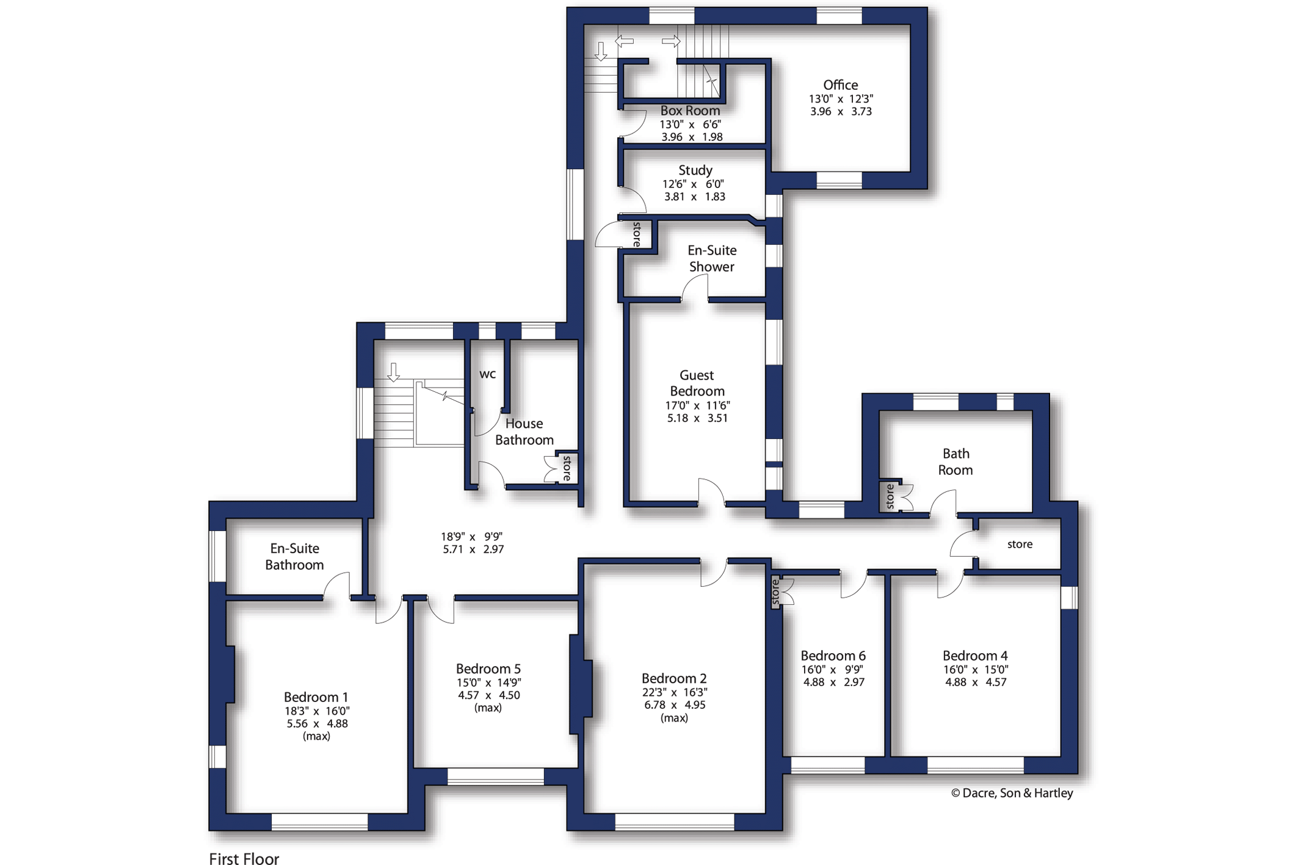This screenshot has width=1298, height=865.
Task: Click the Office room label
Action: click(840, 85)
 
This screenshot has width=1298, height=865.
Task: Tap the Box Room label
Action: click(690, 110)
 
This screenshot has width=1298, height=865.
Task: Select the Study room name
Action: click(695, 170)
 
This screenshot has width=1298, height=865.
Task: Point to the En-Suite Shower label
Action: click(712, 258)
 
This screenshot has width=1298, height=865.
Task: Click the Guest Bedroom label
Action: click(697, 383)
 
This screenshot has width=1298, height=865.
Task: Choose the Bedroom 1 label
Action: click(316, 697)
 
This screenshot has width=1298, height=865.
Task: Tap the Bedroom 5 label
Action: click(488, 668)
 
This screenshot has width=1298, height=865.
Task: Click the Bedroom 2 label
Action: click(674, 678)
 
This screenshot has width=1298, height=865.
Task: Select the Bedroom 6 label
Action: click(833, 656)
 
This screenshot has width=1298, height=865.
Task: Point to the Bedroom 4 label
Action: click(975, 656)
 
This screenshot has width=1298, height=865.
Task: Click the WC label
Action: click(487, 374)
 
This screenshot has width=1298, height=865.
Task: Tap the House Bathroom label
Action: click(524, 432)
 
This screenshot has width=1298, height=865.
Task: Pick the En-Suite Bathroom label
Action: click(294, 557)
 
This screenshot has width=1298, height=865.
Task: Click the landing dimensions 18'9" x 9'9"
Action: click(472, 537)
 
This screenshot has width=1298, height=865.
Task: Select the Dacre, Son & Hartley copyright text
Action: click(1012, 793)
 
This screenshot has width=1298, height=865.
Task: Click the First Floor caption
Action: click(244, 859)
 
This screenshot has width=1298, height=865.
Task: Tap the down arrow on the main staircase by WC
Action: click(394, 372)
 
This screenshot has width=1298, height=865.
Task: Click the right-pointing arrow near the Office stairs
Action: click(671, 42)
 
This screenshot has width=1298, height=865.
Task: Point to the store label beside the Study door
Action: click(637, 234)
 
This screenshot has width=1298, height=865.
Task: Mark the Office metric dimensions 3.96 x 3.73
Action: click(841, 112)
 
